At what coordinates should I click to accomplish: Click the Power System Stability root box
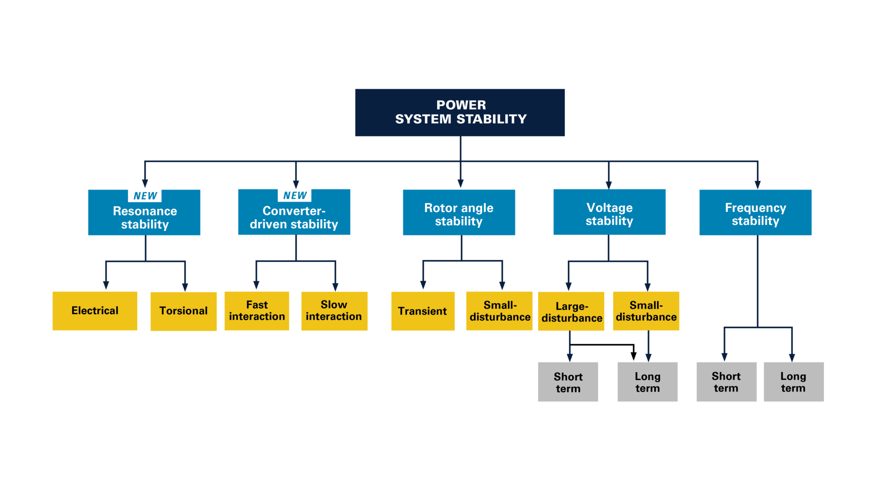(x=460, y=112)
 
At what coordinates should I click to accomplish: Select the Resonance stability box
(x=144, y=218)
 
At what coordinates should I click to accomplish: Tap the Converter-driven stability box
(x=294, y=217)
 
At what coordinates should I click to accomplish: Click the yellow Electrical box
(x=95, y=311)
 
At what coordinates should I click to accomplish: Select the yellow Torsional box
(x=183, y=311)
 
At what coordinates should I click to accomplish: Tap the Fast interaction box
(x=257, y=311)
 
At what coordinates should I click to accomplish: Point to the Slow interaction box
(x=334, y=311)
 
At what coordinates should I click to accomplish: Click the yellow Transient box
(x=423, y=311)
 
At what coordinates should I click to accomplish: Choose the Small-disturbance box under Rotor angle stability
(x=499, y=311)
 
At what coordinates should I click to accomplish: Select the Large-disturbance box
(x=571, y=311)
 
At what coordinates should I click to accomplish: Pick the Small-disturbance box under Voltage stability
(x=646, y=311)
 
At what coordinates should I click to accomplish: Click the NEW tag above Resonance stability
(x=145, y=196)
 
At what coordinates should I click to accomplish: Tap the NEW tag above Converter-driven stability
(x=294, y=195)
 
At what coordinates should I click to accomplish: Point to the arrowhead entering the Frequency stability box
(x=757, y=185)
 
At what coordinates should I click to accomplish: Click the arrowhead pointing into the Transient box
(x=423, y=285)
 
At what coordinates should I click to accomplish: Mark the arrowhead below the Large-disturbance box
(x=570, y=357)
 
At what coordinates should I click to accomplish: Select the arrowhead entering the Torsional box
(x=185, y=287)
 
